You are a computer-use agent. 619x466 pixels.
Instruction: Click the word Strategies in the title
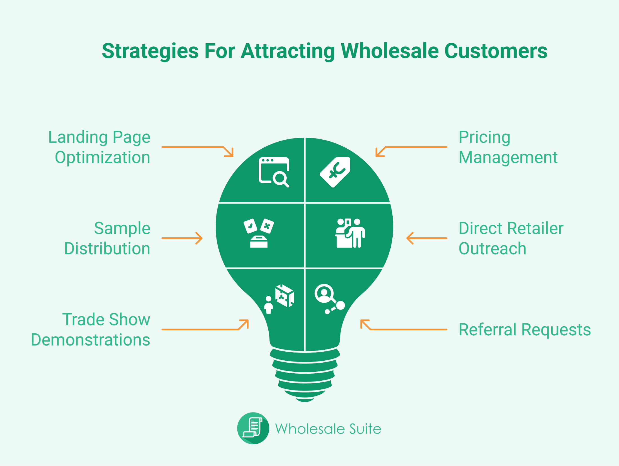point(150,52)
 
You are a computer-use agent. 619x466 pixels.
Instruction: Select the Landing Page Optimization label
point(99,147)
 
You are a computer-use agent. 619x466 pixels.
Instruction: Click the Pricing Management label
point(508,147)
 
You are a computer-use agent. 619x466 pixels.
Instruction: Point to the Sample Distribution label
point(107,238)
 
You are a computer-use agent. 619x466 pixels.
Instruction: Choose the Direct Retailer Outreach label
point(511,238)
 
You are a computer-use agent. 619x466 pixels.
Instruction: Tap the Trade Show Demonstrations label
point(90,329)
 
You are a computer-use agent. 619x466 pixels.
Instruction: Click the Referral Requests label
point(525,329)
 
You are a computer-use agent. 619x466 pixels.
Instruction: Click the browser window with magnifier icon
point(274,172)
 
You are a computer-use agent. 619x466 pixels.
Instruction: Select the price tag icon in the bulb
point(335,172)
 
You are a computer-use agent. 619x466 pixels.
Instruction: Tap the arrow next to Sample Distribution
point(182,238)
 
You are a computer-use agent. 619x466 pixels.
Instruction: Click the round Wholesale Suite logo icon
point(253,428)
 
